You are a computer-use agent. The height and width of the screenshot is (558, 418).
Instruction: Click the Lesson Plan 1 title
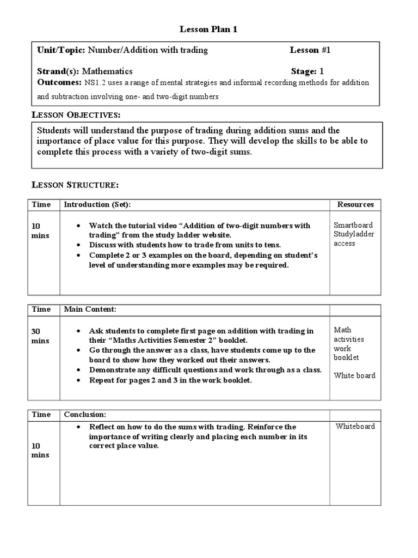click(209, 30)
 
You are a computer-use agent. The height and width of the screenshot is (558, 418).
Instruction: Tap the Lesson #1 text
click(310, 50)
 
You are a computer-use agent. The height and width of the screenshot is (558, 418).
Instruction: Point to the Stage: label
click(304, 71)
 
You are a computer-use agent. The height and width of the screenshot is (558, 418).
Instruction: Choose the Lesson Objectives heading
click(76, 115)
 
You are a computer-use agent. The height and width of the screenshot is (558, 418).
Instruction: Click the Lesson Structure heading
click(75, 185)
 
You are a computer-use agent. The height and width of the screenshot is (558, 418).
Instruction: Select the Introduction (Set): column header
click(97, 204)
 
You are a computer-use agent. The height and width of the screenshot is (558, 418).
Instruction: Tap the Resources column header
click(355, 204)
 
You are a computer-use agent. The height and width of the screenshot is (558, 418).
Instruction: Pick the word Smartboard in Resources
click(353, 225)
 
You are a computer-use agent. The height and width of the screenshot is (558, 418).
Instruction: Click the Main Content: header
click(90, 309)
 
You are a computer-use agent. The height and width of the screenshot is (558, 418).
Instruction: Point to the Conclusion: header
click(85, 414)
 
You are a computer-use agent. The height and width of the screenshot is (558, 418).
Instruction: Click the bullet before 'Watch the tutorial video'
click(79, 226)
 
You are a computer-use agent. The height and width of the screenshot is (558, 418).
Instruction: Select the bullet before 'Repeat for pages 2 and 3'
click(79, 380)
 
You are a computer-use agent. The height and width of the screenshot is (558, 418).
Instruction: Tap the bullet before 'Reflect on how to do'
click(79, 427)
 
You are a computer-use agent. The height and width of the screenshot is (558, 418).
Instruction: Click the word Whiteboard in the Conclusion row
click(355, 426)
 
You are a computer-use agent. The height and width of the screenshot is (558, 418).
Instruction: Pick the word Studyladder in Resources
click(354, 234)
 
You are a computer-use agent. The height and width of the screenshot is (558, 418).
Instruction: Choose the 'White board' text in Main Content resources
click(354, 375)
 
